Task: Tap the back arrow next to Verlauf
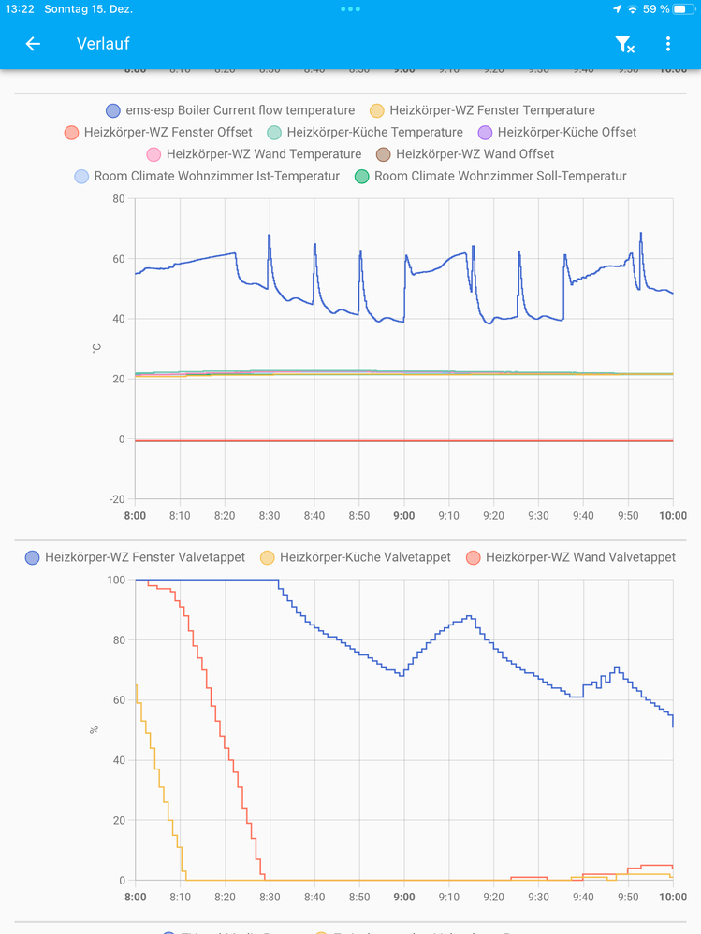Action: [33, 44]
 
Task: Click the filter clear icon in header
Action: [624, 44]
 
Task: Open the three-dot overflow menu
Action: [667, 44]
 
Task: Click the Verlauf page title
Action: [103, 44]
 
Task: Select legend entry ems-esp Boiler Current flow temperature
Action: [230, 110]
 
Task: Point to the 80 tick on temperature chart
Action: [118, 198]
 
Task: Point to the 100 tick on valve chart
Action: [116, 580]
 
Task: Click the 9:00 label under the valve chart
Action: [404, 897]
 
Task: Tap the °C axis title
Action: [95, 348]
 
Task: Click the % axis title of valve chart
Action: [95, 729]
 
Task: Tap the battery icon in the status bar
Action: [680, 9]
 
